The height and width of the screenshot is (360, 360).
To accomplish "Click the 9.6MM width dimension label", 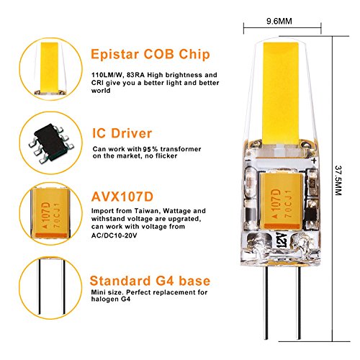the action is (x=279, y=21).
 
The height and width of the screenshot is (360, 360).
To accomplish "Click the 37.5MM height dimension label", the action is (x=338, y=180).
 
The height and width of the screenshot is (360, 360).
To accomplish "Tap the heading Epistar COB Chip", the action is (x=150, y=54).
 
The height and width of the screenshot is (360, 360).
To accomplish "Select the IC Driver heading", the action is (x=122, y=133).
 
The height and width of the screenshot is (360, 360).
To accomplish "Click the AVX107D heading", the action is (x=122, y=197).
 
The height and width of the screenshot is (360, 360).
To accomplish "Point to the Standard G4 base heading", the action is (x=150, y=281).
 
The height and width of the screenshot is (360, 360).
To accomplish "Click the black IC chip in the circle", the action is (x=51, y=143).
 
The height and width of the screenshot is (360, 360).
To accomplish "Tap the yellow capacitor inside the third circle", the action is (x=50, y=214).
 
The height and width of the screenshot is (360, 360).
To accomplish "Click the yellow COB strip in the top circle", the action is (x=50, y=68).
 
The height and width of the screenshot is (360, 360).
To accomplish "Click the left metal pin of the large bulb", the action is (x=265, y=303).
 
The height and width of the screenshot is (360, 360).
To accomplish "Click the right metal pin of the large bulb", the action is (x=299, y=303).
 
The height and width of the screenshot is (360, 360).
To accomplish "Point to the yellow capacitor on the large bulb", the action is (x=280, y=201).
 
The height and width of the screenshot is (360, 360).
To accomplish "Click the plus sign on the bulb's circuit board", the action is (x=314, y=161).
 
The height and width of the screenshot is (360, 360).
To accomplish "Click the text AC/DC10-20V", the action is (x=114, y=235).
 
